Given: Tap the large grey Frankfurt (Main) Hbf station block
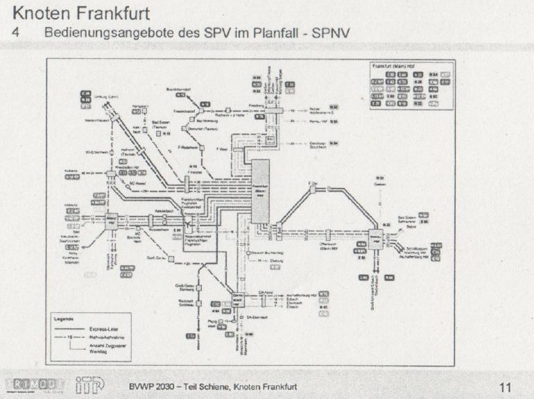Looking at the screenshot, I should pos(261,192).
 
